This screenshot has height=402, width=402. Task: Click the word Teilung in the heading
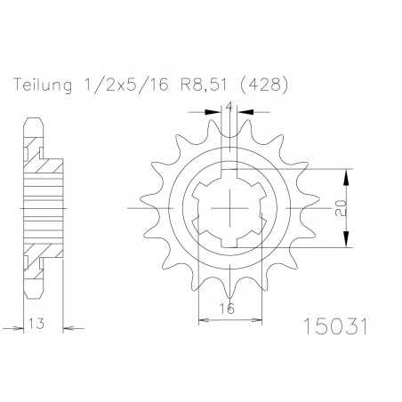click(43, 85)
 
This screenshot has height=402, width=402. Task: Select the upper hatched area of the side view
click(37, 156)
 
